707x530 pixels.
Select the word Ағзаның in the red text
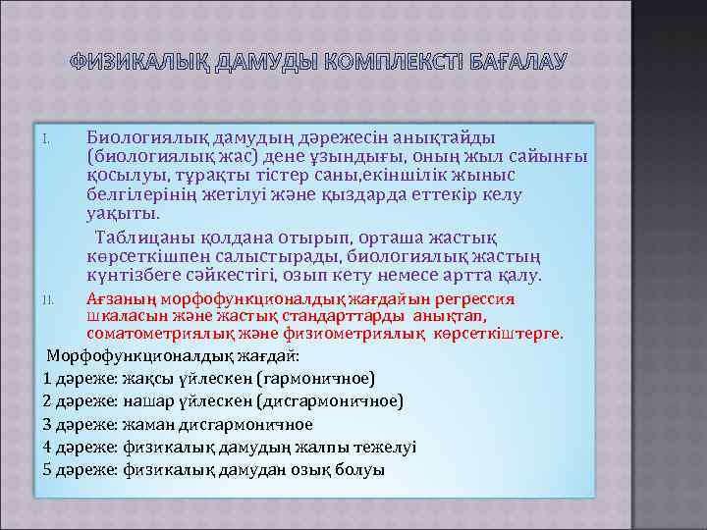[x=116, y=297]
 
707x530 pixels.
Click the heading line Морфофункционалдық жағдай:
[x=173, y=354]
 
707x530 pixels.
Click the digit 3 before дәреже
[x=49, y=424]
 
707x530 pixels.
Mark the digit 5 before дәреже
[x=49, y=469]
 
